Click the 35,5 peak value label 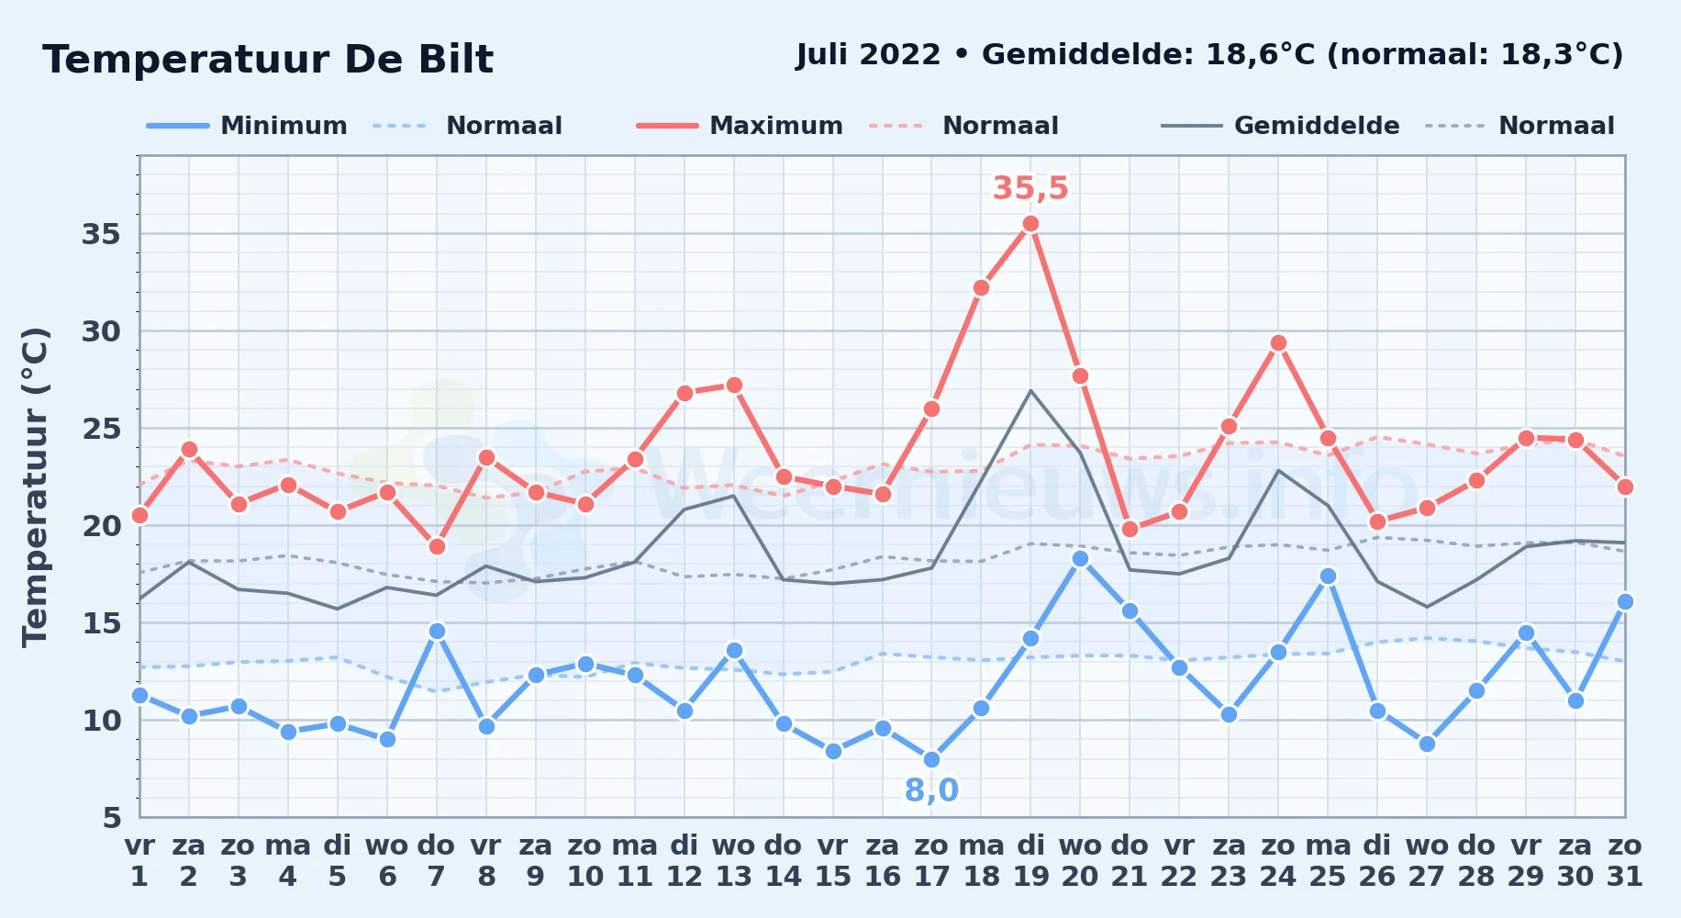click(1030, 188)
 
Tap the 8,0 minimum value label click(931, 790)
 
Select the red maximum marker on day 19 click(1030, 224)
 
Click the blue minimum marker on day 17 click(931, 760)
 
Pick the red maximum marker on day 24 click(1278, 343)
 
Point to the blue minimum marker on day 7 click(437, 632)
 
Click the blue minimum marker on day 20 click(1080, 559)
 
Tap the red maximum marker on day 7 click(437, 547)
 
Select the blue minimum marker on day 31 click(1625, 602)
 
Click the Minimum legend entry click(247, 126)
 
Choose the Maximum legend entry click(740, 126)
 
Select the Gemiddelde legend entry click(1281, 126)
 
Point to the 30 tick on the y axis click(101, 331)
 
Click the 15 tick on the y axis click(101, 623)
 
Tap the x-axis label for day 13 click(734, 861)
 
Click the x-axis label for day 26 click(1377, 861)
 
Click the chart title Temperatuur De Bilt click(268, 60)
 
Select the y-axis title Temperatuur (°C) click(35, 487)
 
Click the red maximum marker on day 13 click(734, 386)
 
